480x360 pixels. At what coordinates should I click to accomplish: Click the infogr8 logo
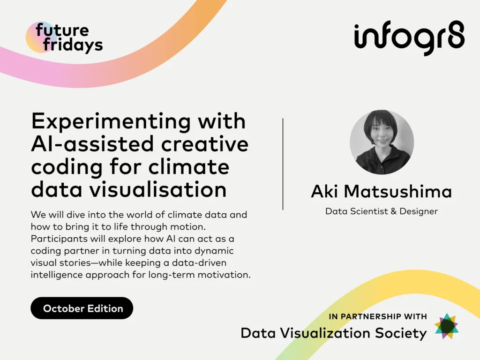pos(409,38)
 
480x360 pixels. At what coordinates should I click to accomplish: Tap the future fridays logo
pos(64,37)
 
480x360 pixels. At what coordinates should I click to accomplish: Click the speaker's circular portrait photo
pos(382,142)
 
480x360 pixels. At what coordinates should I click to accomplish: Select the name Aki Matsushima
pos(382,191)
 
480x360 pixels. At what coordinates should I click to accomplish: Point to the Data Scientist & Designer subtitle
pos(382,211)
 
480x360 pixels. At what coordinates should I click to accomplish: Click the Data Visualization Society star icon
pos(447,326)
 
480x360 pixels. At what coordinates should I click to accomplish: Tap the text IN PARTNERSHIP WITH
pos(378,316)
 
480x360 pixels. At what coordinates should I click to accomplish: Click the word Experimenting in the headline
pos(111,122)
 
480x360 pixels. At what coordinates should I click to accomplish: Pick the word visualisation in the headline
pos(158,189)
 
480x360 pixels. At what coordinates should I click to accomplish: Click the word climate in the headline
pos(188,167)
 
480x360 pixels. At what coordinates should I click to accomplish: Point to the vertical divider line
pos(283,164)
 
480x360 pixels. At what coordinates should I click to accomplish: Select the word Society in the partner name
pos(401,333)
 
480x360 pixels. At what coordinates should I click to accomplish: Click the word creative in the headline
pos(205,144)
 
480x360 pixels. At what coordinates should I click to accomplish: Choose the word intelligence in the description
pos(57,275)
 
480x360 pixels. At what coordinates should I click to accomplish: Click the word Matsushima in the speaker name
pos(398,191)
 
